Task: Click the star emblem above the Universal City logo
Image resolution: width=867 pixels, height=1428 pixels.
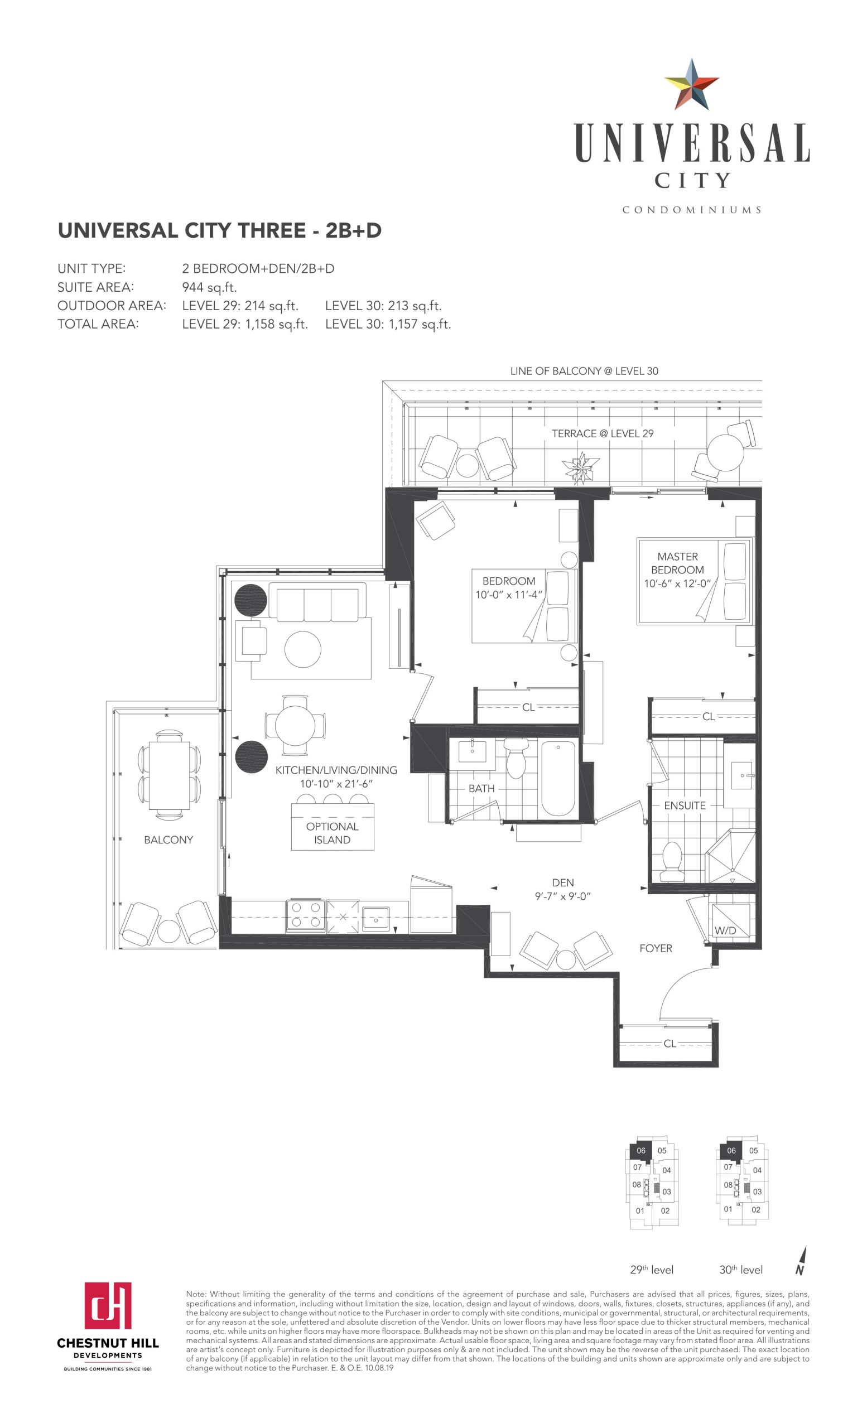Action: point(691,85)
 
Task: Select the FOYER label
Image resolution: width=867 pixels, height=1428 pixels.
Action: point(656,948)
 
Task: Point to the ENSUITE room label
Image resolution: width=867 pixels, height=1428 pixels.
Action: point(685,805)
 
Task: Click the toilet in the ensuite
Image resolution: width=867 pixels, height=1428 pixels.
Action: point(672,862)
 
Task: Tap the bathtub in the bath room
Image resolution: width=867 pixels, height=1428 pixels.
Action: point(557,778)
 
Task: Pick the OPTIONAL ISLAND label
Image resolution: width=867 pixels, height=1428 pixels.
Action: point(332,833)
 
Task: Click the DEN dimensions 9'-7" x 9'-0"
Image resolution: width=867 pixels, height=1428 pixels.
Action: point(562,896)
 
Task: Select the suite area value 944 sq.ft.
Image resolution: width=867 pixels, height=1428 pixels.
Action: point(209,287)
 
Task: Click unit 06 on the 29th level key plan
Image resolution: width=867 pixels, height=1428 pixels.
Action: point(640,1150)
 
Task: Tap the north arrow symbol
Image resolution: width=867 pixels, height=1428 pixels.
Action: point(801,1261)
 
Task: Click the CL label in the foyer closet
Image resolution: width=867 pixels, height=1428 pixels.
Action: point(669,1043)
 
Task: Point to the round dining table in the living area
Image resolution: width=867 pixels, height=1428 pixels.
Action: point(295,725)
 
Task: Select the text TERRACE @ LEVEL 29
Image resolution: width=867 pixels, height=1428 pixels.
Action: point(602,433)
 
